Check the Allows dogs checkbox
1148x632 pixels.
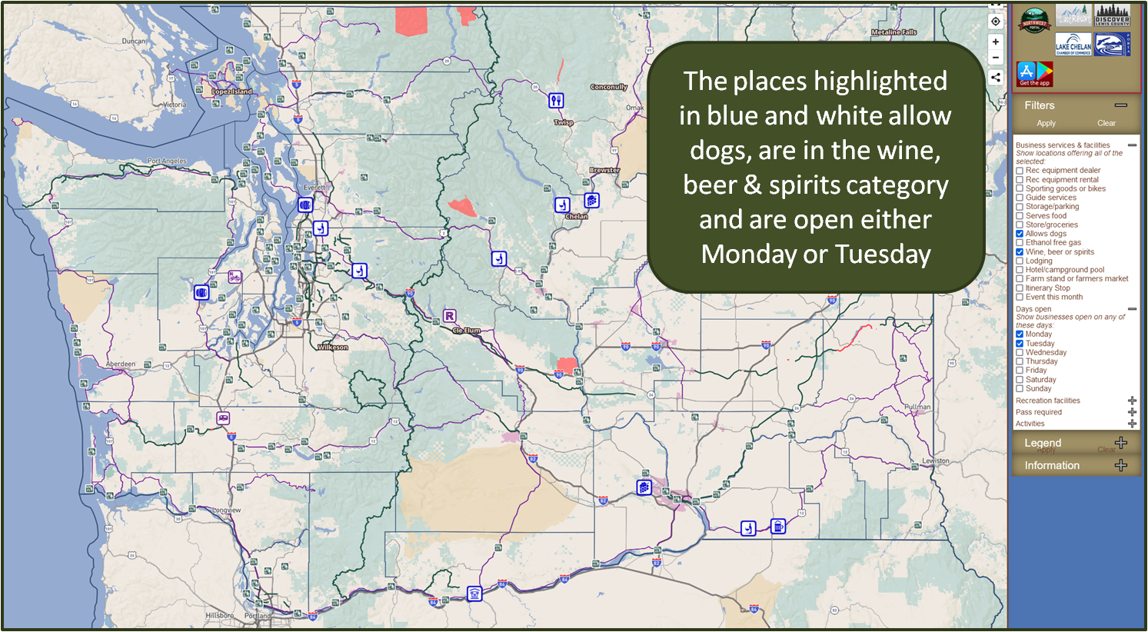point(1020,234)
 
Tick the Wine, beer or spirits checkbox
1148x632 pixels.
point(1020,252)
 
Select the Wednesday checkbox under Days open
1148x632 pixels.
point(1020,352)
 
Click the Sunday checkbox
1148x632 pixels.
point(1020,388)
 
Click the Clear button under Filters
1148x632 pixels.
point(1106,123)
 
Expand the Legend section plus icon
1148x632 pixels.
point(1121,443)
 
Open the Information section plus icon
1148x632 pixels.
point(1121,465)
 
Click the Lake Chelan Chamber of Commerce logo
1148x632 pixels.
point(1073,45)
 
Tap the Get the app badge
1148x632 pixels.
point(1034,74)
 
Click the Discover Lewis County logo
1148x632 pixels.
point(1112,16)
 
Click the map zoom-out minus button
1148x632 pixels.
point(996,58)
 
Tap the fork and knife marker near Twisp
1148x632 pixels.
point(556,101)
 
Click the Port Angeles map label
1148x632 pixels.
point(167,161)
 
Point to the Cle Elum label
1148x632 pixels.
point(466,330)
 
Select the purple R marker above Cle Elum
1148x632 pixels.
point(450,316)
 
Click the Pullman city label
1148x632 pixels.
point(917,407)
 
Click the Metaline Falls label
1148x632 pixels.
point(893,32)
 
